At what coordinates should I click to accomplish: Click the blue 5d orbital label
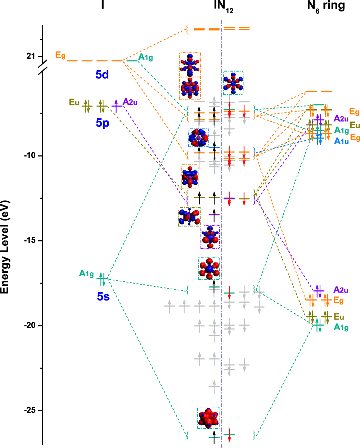click(102, 74)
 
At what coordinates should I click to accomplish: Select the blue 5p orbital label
click(102, 123)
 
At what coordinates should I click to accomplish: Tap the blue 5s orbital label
click(103, 297)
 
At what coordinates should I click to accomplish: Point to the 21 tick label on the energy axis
click(31, 56)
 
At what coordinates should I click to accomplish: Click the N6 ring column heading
click(326, 6)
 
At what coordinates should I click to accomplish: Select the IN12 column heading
click(223, 6)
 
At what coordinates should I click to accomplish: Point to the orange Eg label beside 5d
click(60, 55)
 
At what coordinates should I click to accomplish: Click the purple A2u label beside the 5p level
click(130, 102)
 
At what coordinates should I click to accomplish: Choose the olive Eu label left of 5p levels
click(74, 103)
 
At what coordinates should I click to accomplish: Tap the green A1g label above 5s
click(86, 274)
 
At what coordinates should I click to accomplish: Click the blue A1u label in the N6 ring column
click(341, 141)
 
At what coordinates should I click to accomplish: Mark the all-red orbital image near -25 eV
click(208, 418)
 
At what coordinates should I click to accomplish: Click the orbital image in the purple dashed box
click(210, 237)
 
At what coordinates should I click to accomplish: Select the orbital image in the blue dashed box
click(198, 138)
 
